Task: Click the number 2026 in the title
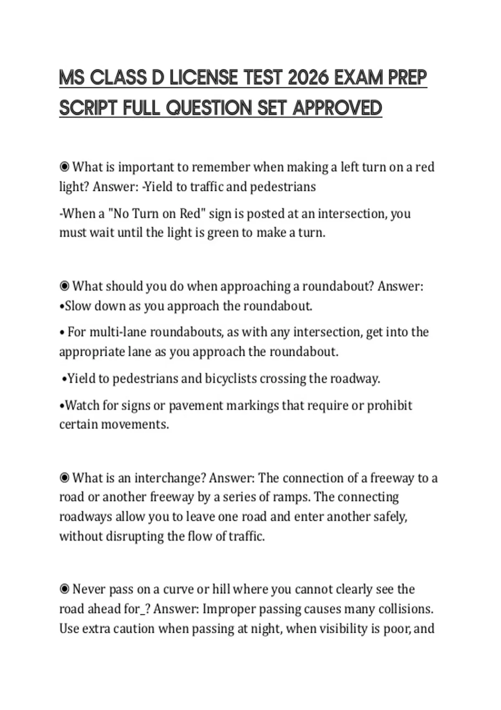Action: pyautogui.click(x=309, y=78)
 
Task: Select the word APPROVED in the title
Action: pyautogui.click(x=337, y=108)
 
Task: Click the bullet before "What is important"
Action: pyautogui.click(x=64, y=167)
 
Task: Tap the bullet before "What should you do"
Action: pyautogui.click(x=64, y=286)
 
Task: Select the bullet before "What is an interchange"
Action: pyautogui.click(x=64, y=478)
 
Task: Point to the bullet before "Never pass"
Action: pyautogui.click(x=64, y=589)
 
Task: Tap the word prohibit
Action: pyautogui.click(x=390, y=405)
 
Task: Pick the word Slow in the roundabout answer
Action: pyautogui.click(x=78, y=306)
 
